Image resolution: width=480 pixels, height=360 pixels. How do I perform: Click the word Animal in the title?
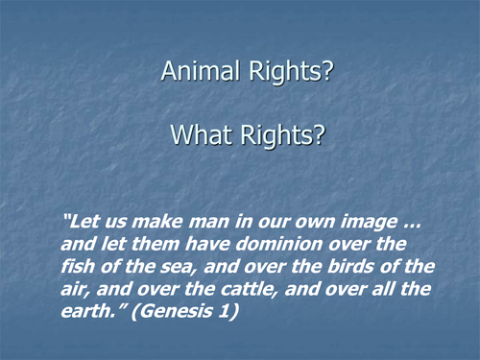coord(195,71)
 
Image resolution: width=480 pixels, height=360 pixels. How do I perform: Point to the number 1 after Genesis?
coord(235,309)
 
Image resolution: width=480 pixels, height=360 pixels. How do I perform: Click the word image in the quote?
coord(360,224)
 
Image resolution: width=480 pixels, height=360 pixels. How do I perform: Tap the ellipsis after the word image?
coord(407,224)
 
